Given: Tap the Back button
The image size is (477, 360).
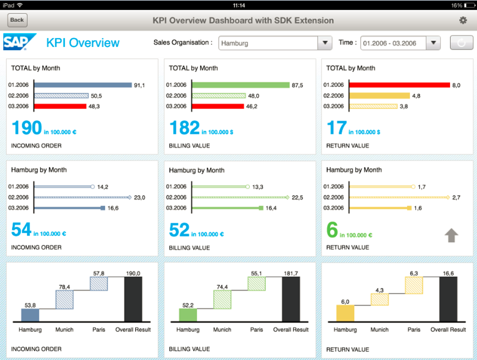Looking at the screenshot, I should [17, 20].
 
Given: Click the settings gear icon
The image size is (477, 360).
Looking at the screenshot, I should [463, 20].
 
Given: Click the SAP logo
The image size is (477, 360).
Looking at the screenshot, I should [20, 42].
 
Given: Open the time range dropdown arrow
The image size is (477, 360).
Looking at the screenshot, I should [433, 43].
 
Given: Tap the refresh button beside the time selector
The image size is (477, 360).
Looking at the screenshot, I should [461, 43].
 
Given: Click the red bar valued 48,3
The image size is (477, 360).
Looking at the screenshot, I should [61, 106].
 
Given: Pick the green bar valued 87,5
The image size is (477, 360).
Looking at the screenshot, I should [241, 85].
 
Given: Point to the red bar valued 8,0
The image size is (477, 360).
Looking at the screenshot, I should [400, 85].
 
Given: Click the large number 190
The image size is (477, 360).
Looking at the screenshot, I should [26, 128].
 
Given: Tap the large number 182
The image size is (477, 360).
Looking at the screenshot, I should [184, 128].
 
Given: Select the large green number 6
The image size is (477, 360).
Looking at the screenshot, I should [332, 230].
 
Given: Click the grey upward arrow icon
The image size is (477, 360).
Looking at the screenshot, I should [452, 235].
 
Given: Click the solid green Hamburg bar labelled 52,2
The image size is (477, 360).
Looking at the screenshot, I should [188, 315].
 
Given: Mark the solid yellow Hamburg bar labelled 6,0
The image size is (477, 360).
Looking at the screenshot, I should [345, 314].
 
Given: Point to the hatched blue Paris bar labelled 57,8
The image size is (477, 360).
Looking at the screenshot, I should [99, 283].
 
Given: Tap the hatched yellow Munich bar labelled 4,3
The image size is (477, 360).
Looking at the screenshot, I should [379, 299].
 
